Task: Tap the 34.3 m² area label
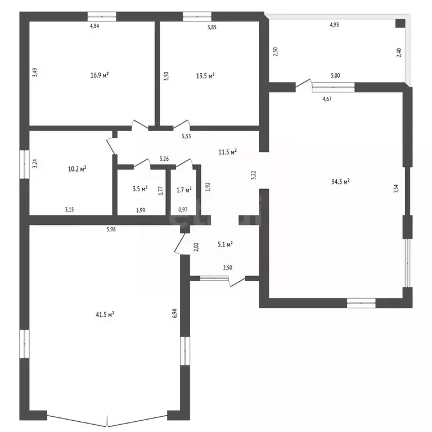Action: [341, 181]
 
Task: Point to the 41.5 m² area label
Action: [106, 314]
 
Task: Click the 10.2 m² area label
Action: [77, 168]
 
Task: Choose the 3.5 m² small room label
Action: [139, 188]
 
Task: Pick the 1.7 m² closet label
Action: [183, 189]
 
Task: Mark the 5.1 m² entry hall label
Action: [225, 244]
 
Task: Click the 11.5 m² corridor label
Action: [227, 151]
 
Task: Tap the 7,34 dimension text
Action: [396, 188]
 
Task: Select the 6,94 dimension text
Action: [175, 313]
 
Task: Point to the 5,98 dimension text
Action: [112, 228]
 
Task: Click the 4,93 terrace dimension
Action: [334, 25]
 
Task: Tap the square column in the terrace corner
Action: [399, 23]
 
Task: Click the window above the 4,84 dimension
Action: [102, 16]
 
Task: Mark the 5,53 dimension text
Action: [185, 136]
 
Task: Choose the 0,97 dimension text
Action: [183, 210]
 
